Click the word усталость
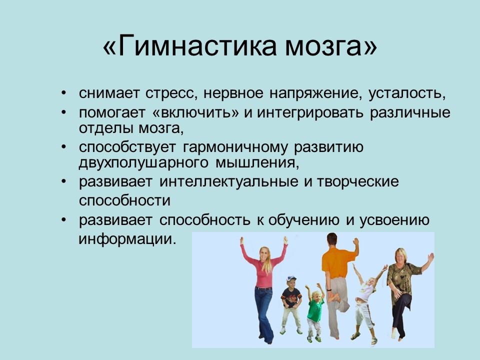407,93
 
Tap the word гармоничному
235,148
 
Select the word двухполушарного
143,163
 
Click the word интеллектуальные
228,182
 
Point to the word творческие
358,182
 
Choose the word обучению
303,220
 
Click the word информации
127,239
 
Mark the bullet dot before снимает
63,93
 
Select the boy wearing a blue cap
291,304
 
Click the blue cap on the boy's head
291,278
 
